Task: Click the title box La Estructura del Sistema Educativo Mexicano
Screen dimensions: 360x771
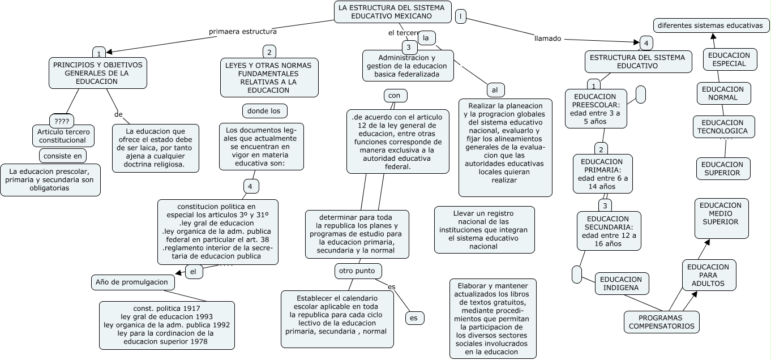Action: coord(393,12)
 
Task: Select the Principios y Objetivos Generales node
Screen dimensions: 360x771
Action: coord(98,73)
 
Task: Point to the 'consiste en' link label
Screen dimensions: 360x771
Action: coord(62,155)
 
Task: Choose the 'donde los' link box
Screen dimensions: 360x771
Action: coord(265,110)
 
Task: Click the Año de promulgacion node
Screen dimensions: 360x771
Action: coord(132,282)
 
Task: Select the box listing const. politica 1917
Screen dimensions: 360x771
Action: coord(167,325)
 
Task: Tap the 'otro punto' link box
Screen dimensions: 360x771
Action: coord(358,271)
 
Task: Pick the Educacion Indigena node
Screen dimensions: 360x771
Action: coord(622,284)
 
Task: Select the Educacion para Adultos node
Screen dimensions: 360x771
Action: coord(709,275)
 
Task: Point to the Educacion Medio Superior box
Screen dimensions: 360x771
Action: coord(721,218)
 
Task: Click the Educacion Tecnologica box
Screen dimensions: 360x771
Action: coord(723,127)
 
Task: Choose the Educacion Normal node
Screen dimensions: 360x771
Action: coord(722,93)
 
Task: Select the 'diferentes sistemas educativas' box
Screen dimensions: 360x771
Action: coord(710,25)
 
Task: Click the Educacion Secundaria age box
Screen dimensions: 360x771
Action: coord(609,231)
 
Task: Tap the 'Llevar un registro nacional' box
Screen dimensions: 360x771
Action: coord(484,230)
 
